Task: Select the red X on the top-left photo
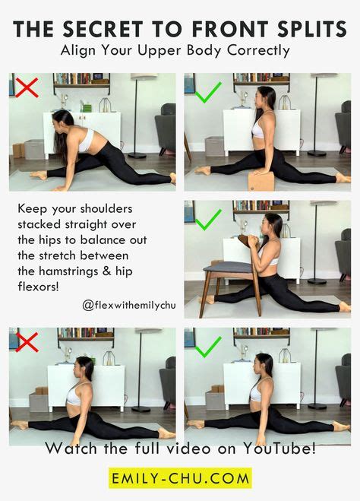pos(27,87)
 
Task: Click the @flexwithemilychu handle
pos(128,304)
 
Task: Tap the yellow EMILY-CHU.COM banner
pos(180,479)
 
